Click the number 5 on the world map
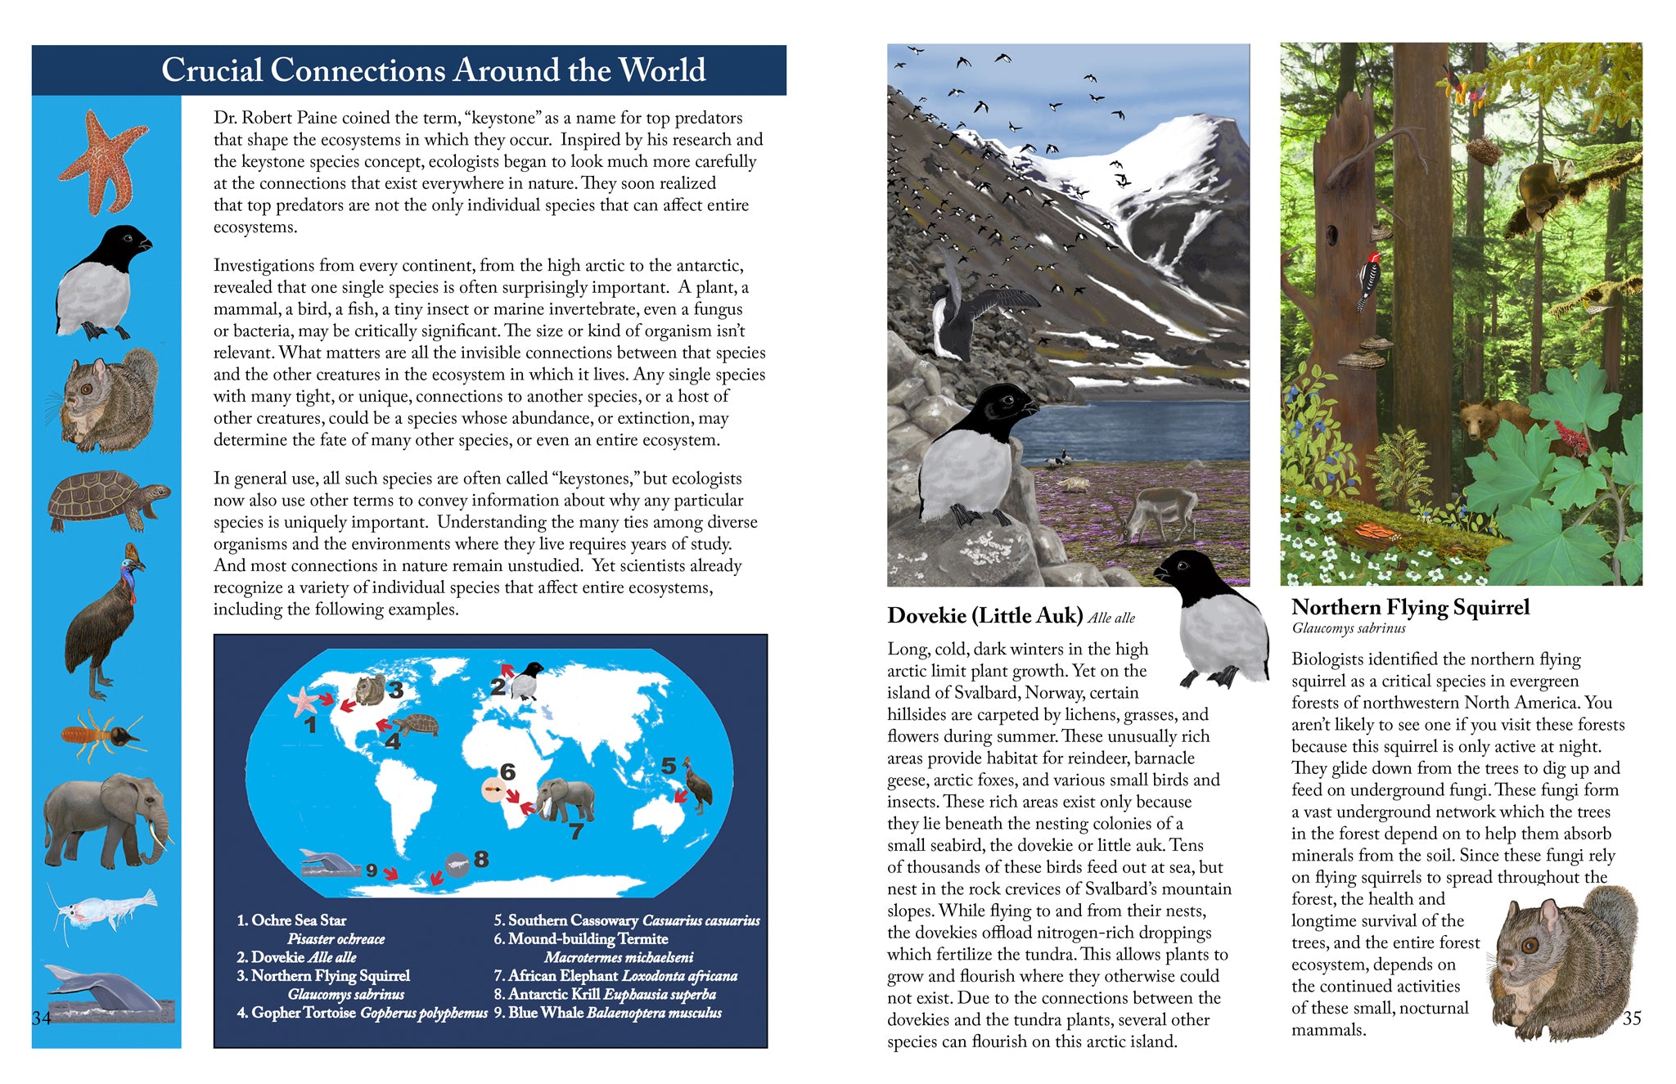coord(669,766)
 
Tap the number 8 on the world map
coord(481,859)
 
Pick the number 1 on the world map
coord(310,724)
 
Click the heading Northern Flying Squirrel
coord(1410,607)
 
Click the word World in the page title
coord(661,70)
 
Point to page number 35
coord(1631,1018)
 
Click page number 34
coord(41,1018)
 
